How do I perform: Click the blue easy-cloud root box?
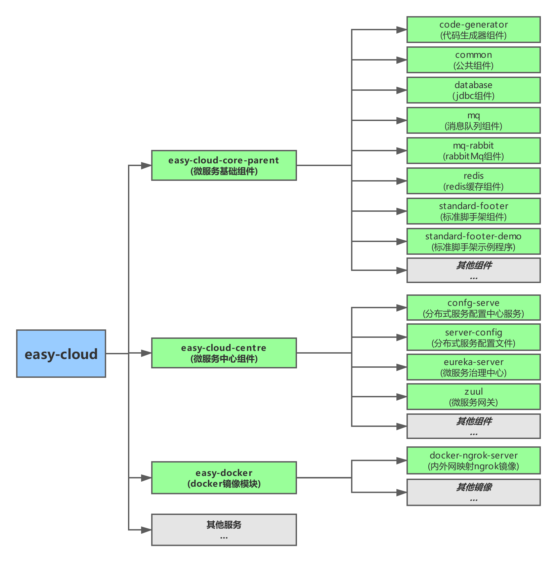(61, 354)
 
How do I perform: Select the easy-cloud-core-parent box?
(224, 165)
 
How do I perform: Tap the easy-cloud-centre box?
(224, 353)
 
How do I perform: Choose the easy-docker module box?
(224, 478)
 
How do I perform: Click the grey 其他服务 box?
(224, 530)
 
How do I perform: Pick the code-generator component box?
(473, 30)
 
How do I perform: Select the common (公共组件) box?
(473, 60)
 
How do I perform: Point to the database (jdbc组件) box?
(473, 90)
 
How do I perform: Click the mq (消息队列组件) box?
(473, 120)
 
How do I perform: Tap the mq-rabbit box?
(473, 151)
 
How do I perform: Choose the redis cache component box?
(473, 181)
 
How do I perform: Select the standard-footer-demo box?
(473, 241)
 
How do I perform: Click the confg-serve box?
(473, 308)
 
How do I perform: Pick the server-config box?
(473, 337)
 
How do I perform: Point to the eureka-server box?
(473, 367)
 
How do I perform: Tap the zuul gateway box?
(473, 397)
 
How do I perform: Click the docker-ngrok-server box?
(473, 460)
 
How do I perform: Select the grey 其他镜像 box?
(473, 492)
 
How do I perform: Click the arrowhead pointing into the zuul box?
(401, 397)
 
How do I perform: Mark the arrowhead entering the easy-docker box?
(146, 478)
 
